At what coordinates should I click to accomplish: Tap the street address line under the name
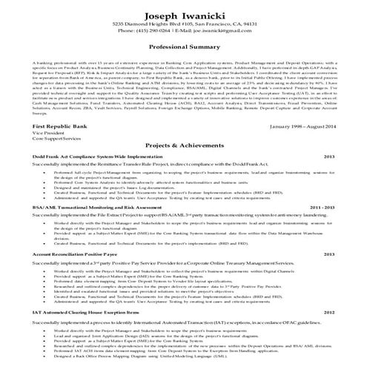pos(183,24)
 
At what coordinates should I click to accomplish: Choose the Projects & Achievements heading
pos(183,146)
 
